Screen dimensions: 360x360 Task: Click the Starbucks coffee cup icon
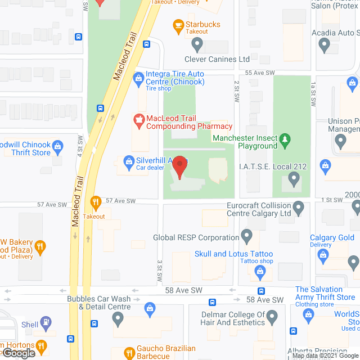[x=178, y=25]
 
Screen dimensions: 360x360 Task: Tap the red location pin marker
[x=179, y=166]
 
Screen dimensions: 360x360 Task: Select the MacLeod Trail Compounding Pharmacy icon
[x=138, y=119]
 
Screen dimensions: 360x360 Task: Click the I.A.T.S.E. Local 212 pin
[x=292, y=179]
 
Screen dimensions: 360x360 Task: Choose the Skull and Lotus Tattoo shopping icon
[x=259, y=272]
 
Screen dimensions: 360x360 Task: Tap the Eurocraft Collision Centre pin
[x=300, y=209]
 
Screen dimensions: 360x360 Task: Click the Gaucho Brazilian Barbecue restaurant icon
[x=129, y=352]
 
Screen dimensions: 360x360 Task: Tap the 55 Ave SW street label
[x=260, y=73]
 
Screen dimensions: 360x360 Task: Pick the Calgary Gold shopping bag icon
[x=323, y=256]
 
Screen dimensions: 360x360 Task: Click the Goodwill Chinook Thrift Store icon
[x=57, y=149]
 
